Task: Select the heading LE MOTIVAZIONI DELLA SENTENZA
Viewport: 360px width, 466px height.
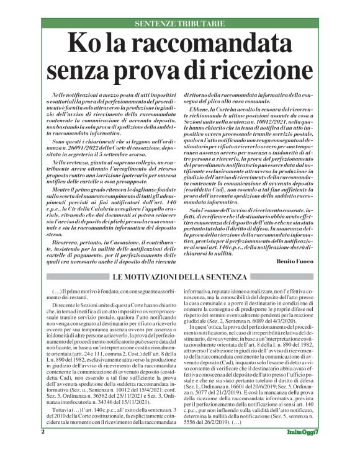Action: pyautogui.click(x=180, y=276)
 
